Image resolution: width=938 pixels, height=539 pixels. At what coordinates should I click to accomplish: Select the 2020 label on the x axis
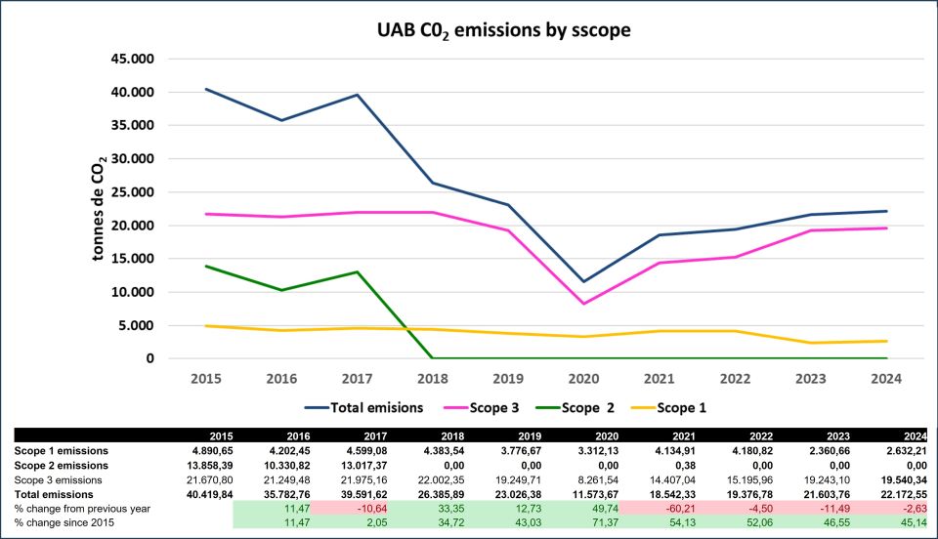tap(584, 378)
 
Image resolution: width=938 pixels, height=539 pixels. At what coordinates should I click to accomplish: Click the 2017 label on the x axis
tap(357, 378)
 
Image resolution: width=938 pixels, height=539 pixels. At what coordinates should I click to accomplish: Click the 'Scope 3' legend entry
tap(481, 407)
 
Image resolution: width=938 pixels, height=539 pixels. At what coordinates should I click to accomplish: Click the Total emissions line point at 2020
tap(584, 281)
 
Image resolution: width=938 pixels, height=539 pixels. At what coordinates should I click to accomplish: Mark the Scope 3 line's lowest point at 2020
tap(584, 304)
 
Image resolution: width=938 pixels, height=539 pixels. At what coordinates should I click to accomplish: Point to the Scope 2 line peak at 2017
tap(357, 271)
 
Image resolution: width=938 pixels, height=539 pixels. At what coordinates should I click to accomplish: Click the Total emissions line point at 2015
tap(206, 89)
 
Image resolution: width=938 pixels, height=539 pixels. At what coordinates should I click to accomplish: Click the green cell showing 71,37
tap(591, 523)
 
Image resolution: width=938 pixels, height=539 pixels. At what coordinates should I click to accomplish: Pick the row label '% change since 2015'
tap(59, 523)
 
